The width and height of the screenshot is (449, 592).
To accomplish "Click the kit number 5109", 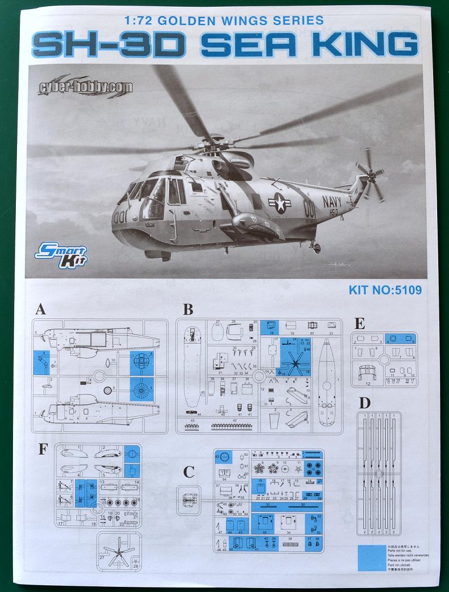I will click(x=386, y=291).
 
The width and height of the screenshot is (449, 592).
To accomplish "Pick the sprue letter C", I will click(x=189, y=472).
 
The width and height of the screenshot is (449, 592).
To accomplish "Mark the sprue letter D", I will click(x=365, y=403).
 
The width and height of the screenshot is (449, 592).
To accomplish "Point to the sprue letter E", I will click(x=360, y=324).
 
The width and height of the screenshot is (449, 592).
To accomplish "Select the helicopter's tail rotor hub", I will click(x=372, y=174).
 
